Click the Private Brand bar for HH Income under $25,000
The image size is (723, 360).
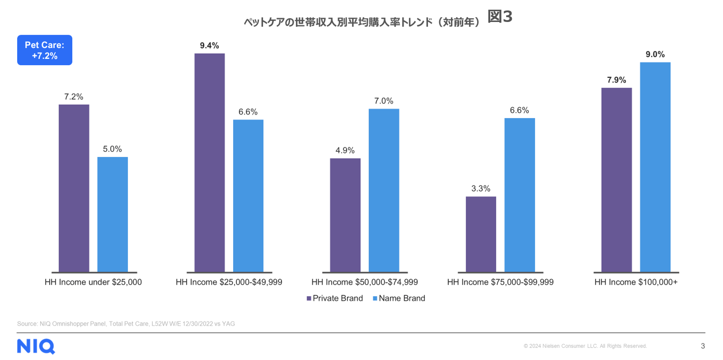pos(74,188)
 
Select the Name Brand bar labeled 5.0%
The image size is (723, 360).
pos(112,214)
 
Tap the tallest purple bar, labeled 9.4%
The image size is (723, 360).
pos(209,163)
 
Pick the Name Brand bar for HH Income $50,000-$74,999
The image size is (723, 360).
pos(384,190)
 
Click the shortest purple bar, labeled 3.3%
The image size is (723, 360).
pos(481,234)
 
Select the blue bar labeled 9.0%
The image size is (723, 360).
pos(655,167)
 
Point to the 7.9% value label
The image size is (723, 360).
pos(616,80)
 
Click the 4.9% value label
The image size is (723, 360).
pos(345,151)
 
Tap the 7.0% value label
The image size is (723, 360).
pos(384,101)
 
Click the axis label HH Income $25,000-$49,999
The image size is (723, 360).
pos(229,282)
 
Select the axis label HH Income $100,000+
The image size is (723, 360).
pos(636,282)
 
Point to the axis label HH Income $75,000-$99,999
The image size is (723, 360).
pos(500,282)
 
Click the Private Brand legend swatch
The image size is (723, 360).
pos(309,299)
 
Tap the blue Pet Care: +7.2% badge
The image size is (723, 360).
pos(45,50)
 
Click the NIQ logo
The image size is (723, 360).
pos(36,346)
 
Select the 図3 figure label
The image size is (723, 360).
pos(500,16)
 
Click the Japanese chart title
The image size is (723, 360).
pos(361,22)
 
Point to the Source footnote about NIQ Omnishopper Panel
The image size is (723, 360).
pos(126,324)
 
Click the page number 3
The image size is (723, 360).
pos(703,346)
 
